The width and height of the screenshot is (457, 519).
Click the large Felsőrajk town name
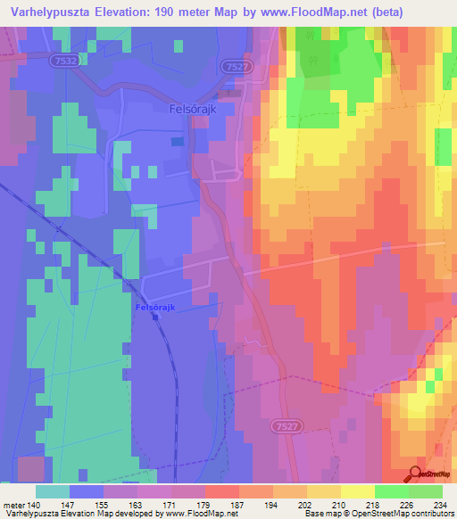(192, 110)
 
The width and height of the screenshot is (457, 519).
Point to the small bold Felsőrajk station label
(154, 308)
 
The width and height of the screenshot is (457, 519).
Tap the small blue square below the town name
(178, 141)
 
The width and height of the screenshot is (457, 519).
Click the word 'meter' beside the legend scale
(14, 505)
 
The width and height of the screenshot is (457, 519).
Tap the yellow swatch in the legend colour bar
(357, 491)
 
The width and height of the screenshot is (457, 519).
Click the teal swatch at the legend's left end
(52, 491)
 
